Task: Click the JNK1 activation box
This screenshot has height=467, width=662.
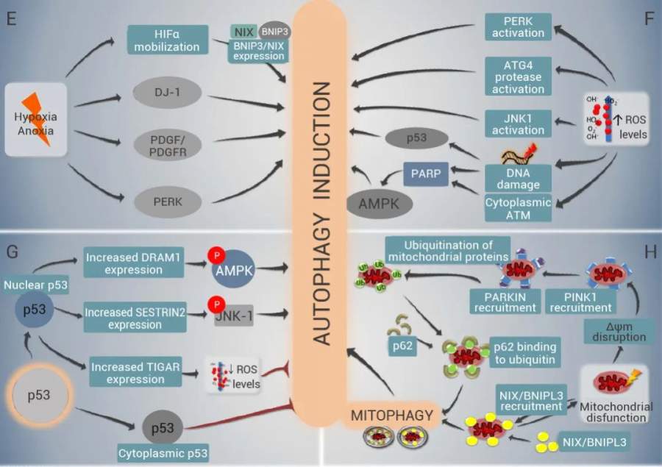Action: [x=519, y=123]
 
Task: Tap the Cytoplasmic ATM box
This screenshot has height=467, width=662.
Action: [x=519, y=207]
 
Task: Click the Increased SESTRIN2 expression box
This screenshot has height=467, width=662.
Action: [x=133, y=314]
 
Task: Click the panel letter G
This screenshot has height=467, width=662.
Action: [x=13, y=252]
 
